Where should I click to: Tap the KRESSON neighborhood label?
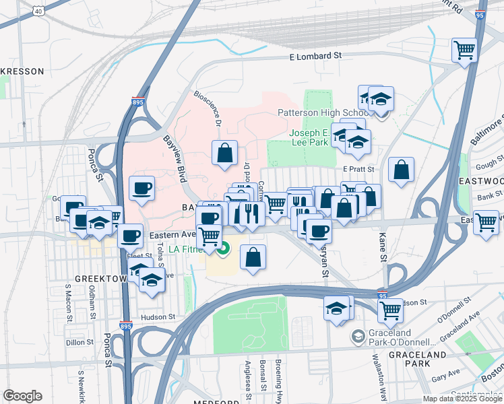coord(22,71)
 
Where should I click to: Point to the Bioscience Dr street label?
coord(208,109)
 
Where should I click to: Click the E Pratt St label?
coord(357,168)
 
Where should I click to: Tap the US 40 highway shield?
coord(39,11)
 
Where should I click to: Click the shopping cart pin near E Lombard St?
coord(464,50)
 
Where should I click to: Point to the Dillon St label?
coord(80,342)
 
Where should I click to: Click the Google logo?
coord(22,396)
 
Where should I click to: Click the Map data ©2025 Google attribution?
coord(463,399)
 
